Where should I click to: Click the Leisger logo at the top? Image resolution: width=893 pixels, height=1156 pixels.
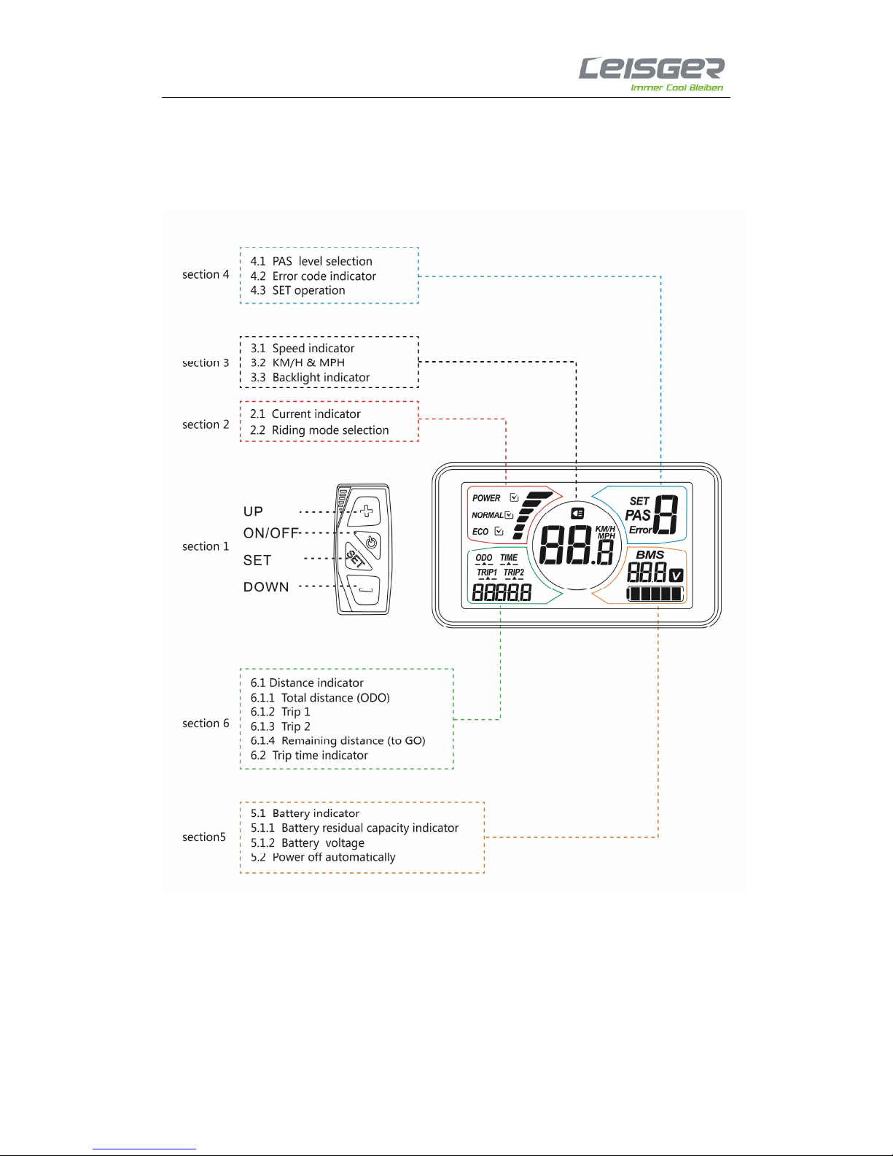coord(651,74)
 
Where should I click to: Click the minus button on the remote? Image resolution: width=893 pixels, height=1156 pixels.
coord(364,589)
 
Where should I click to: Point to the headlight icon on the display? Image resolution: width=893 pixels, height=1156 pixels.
coord(577,513)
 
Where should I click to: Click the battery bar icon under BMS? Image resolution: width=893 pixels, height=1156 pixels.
coord(655,594)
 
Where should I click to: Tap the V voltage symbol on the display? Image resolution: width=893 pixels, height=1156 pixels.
coord(676,575)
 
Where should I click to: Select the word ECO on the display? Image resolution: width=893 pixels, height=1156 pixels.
coord(480,532)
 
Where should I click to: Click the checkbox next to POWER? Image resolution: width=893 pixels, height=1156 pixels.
coord(514,497)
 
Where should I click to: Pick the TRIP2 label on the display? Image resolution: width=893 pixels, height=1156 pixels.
coord(514,573)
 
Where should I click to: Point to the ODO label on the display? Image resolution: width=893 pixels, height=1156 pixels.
coord(484,557)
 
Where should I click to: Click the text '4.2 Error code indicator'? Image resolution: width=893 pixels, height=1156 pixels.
coord(313,276)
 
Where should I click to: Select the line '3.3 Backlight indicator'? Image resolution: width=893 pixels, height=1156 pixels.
coord(310,377)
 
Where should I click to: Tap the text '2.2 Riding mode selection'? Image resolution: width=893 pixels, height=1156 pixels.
coord(319,430)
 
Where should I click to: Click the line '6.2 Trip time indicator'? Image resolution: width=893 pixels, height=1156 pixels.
coord(309,756)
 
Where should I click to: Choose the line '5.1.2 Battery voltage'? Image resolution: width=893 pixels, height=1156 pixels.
coord(308,843)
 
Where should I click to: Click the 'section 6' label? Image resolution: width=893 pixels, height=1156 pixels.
coord(206,723)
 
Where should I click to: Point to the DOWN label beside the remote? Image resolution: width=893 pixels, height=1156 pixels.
coord(266,587)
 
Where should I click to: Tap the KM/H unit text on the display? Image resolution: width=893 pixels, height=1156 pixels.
coord(606,528)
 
